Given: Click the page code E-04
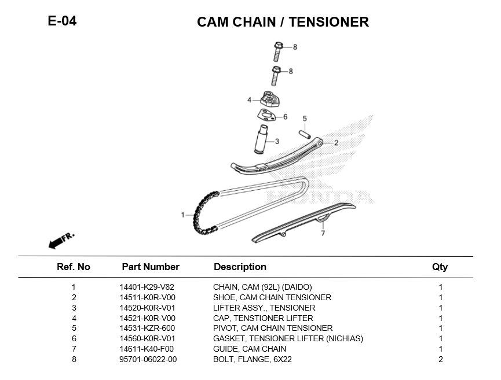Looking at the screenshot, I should tap(62, 21).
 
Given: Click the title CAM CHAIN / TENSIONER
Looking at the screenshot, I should tap(283, 22).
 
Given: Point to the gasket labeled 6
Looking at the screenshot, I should tap(266, 116).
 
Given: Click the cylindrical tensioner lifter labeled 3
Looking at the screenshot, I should tap(261, 139).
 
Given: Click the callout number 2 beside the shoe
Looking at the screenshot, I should tap(336, 142).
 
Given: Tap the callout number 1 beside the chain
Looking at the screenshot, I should tap(183, 215).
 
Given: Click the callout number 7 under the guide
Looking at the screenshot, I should tap(323, 234).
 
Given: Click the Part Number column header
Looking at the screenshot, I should tap(151, 267).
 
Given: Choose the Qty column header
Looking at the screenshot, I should tap(440, 267).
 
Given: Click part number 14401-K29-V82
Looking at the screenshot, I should tap(147, 287).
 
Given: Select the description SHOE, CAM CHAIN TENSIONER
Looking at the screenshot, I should tap(272, 297).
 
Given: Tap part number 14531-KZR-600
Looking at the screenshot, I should tap(147, 328).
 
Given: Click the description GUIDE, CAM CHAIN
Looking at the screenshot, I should tap(250, 349).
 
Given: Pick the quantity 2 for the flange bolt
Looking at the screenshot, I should tap(440, 359).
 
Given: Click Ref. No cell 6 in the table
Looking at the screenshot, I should tap(74, 338).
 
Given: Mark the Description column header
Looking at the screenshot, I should tap(240, 267).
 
